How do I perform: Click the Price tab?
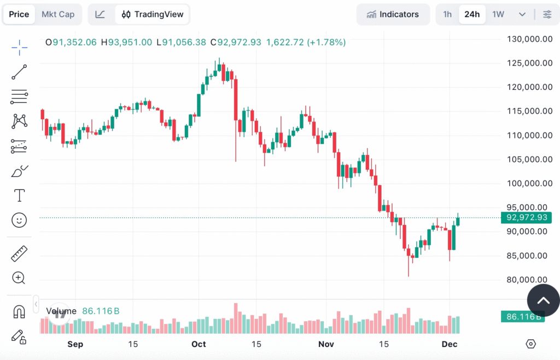(x=19, y=14)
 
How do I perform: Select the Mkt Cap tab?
(x=58, y=14)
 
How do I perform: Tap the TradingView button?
(x=153, y=14)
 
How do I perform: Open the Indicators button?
(x=393, y=14)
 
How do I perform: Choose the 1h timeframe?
(x=447, y=14)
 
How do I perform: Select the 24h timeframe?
(x=472, y=14)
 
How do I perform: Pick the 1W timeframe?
(x=498, y=14)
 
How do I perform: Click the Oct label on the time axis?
(x=199, y=344)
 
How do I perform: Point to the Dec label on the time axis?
(x=449, y=344)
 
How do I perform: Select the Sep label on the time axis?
(x=75, y=344)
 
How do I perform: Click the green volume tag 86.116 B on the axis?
(x=523, y=316)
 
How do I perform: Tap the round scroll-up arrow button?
(x=543, y=300)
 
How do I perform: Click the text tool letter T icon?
(x=19, y=195)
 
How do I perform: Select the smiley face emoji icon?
(x=19, y=220)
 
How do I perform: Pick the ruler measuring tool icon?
(x=19, y=253)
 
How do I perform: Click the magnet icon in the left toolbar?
(x=19, y=312)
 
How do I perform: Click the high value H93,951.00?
(x=126, y=42)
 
